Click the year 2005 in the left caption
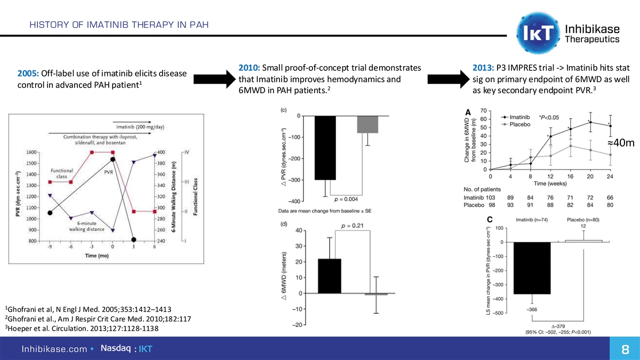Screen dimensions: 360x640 tap(27, 73)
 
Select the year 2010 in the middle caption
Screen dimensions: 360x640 tap(249, 67)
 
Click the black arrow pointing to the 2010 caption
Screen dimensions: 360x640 tap(211, 78)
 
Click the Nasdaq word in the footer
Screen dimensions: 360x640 tap(116, 349)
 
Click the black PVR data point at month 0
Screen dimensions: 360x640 tap(113, 159)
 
